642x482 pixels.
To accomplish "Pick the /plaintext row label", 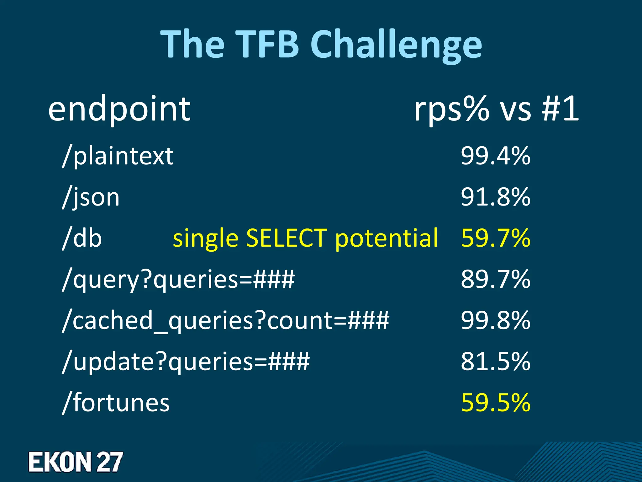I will point(118,156).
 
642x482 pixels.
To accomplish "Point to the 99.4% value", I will point(496,156).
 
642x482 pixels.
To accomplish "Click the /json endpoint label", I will point(91,197).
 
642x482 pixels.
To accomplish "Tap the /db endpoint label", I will point(82,238).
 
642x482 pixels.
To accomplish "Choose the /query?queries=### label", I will point(178,279).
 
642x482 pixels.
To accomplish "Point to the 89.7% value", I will point(496,279).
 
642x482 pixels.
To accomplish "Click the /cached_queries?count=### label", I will point(225,320).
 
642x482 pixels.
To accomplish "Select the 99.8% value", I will point(496,320).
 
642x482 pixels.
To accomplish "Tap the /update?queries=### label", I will point(186,361).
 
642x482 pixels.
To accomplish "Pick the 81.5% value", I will point(496,361).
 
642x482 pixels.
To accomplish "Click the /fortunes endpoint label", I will point(116,403).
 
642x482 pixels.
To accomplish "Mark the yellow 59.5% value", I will point(496,403).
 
